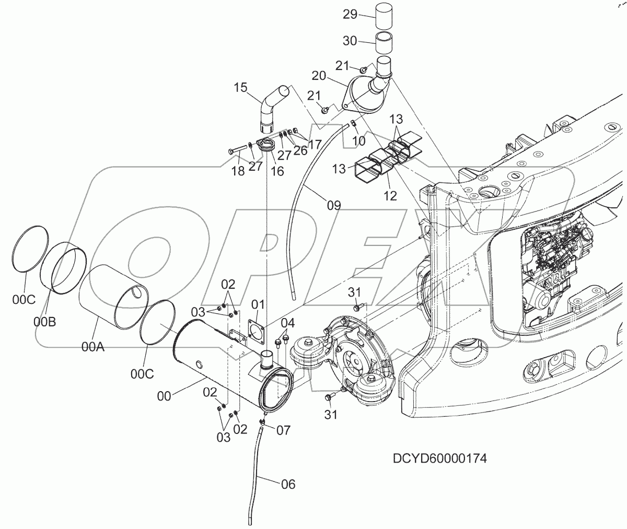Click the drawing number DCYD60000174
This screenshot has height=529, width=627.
(x=440, y=459)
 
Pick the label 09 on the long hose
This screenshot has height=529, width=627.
(x=334, y=205)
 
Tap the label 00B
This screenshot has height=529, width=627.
(x=44, y=322)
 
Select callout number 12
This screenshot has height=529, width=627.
(x=390, y=196)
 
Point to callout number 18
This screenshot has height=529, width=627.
(x=238, y=171)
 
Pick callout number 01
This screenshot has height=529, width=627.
(x=258, y=304)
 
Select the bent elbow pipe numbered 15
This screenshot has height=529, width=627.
(x=273, y=107)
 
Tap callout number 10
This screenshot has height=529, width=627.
(x=358, y=140)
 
